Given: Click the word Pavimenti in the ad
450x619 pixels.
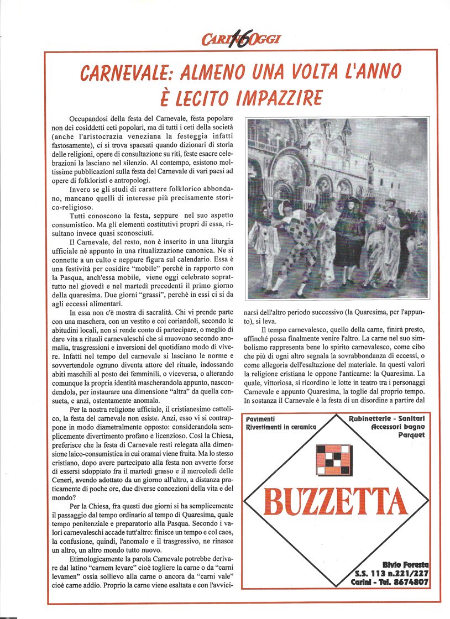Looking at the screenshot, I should tap(260, 419).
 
